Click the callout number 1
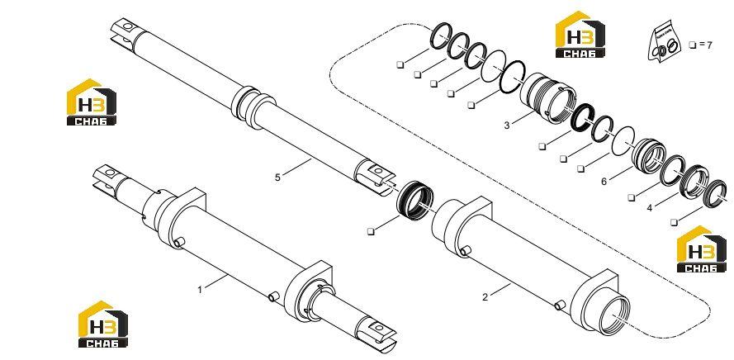[200, 290]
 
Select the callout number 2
[485, 296]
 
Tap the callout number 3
[507, 126]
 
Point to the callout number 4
[649, 208]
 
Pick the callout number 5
[277, 178]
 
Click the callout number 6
[604, 181]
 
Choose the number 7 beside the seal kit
[709, 45]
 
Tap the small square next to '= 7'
[693, 45]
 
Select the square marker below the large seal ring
[371, 231]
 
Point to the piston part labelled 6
[648, 156]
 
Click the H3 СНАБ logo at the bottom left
[102, 324]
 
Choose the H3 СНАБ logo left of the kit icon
[580, 34]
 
